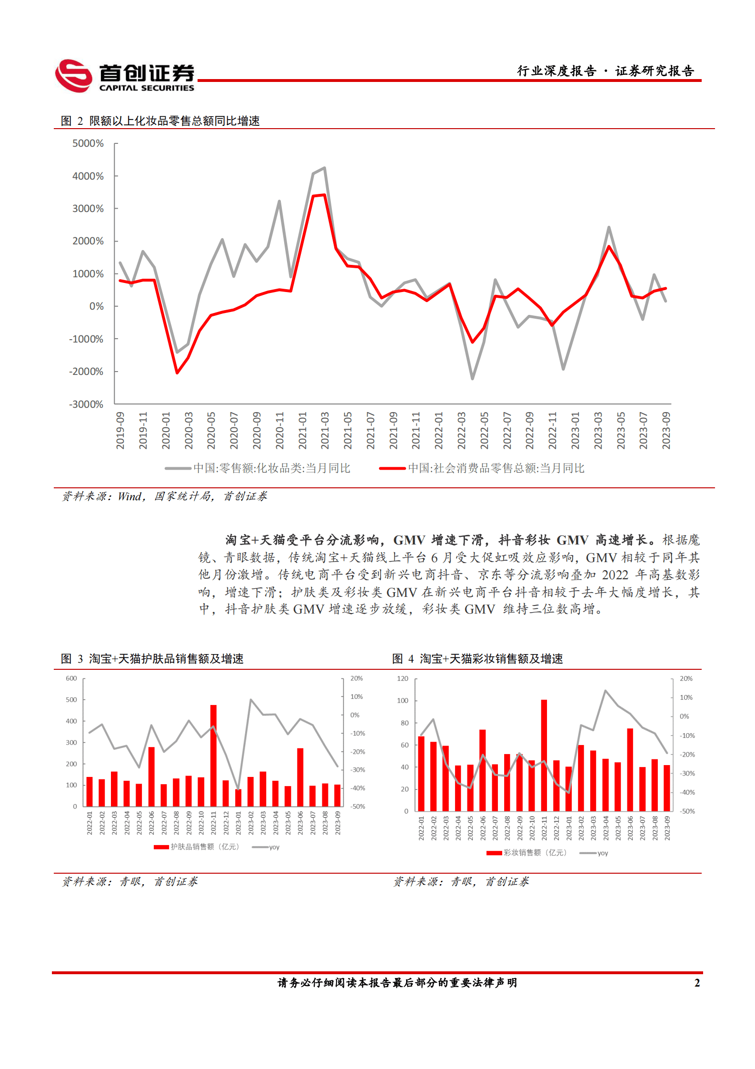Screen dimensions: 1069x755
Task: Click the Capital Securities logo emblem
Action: click(74, 75)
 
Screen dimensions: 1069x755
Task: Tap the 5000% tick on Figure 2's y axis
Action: click(88, 143)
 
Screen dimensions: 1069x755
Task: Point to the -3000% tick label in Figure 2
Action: click(86, 404)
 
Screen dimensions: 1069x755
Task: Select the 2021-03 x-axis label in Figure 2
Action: click(325, 431)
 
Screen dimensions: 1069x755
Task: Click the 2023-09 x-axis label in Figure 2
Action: click(666, 431)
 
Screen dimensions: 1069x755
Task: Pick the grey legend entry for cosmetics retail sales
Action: click(258, 468)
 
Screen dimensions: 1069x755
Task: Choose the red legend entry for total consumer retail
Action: click(482, 468)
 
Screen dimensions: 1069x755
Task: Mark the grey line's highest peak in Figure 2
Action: click(325, 168)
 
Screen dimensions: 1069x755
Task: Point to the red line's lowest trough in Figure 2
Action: click(177, 373)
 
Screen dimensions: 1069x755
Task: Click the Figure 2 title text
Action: click(160, 121)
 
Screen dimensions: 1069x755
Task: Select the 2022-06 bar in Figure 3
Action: click(151, 776)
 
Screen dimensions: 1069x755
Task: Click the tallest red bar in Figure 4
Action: click(544, 755)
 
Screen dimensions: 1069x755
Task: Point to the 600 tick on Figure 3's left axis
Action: click(71, 678)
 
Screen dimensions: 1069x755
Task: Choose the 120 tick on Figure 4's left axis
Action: click(403, 678)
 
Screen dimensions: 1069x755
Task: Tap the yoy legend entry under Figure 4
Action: click(594, 853)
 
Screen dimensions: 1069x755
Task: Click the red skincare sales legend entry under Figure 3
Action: click(196, 847)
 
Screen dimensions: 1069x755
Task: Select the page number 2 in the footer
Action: click(697, 983)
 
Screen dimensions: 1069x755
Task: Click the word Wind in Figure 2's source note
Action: click(129, 496)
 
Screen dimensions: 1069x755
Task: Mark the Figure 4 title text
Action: click(477, 659)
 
